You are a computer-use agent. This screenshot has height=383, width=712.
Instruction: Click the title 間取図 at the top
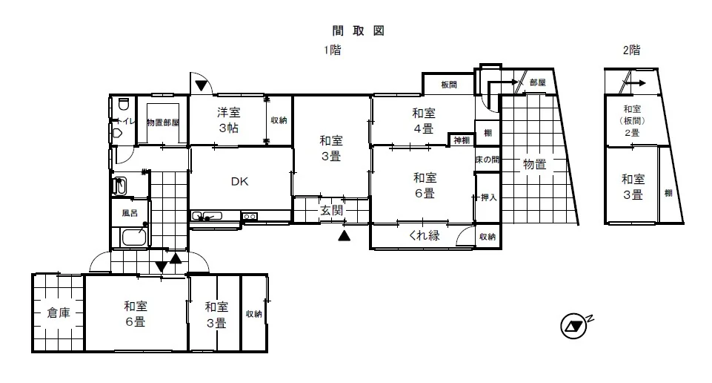pyautogui.click(x=359, y=30)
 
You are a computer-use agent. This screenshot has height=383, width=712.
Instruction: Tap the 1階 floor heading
pyautogui.click(x=333, y=50)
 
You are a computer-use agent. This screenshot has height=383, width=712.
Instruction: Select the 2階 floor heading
pyautogui.click(x=632, y=50)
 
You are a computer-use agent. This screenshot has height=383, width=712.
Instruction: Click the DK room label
pyautogui.click(x=240, y=182)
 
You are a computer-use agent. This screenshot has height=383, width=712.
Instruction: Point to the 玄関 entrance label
pyautogui.click(x=331, y=211)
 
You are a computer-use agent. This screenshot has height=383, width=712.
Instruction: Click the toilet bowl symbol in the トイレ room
pyautogui.click(x=124, y=105)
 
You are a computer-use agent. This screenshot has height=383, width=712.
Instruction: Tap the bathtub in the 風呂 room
pyautogui.click(x=134, y=237)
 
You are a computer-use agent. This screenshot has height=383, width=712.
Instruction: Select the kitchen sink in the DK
pyautogui.click(x=207, y=215)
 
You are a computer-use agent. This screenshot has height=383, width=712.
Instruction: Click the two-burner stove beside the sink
pyautogui.click(x=250, y=217)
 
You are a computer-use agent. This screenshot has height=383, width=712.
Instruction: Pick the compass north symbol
pyautogui.click(x=574, y=326)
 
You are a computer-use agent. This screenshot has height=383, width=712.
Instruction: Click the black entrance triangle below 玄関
pyautogui.click(x=345, y=235)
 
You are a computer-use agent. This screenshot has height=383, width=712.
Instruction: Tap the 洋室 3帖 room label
pyautogui.click(x=228, y=120)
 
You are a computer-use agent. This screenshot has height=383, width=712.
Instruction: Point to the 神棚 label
pyautogui.click(x=462, y=140)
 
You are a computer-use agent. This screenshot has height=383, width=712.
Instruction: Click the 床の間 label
pyautogui.click(x=488, y=160)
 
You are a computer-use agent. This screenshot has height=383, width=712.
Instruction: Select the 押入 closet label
pyautogui.click(x=488, y=198)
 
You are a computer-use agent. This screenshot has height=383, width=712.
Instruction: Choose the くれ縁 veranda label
pyautogui.click(x=424, y=235)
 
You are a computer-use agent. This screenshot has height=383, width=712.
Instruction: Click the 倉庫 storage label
pyautogui.click(x=59, y=313)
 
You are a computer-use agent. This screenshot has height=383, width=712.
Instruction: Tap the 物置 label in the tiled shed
pyautogui.click(x=534, y=164)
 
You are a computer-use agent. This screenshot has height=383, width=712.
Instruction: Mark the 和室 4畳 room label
pyautogui.click(x=424, y=120)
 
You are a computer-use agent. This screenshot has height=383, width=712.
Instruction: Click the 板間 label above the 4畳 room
pyautogui.click(x=449, y=85)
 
